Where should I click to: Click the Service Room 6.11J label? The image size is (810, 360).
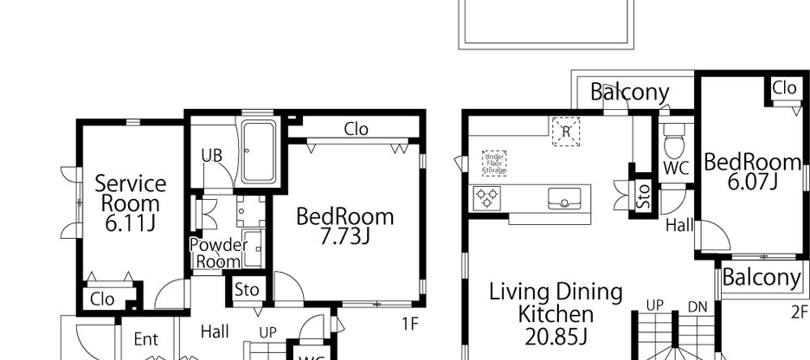click(x=130, y=203)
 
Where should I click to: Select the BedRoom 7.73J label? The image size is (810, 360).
click(x=344, y=226)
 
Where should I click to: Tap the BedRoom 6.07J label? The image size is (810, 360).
click(x=751, y=171)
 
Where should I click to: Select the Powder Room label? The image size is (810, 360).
click(x=218, y=253)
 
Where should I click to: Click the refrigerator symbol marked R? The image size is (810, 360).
click(x=566, y=132)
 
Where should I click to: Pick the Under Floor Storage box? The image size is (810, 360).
click(x=494, y=164)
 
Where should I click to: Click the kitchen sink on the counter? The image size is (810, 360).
click(x=562, y=200)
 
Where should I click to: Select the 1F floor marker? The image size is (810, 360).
click(x=409, y=324)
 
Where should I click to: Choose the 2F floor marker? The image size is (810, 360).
click(x=798, y=312)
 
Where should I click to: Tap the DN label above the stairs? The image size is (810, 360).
click(x=697, y=306)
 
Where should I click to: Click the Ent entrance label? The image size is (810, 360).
click(x=145, y=340)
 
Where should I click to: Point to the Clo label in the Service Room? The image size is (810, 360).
click(x=102, y=299)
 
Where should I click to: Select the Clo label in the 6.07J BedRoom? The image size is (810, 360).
click(x=784, y=87)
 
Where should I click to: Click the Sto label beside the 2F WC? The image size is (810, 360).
click(x=642, y=196)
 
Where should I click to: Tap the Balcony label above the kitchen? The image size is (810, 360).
click(x=630, y=92)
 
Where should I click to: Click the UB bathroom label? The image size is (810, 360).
click(x=212, y=156)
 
